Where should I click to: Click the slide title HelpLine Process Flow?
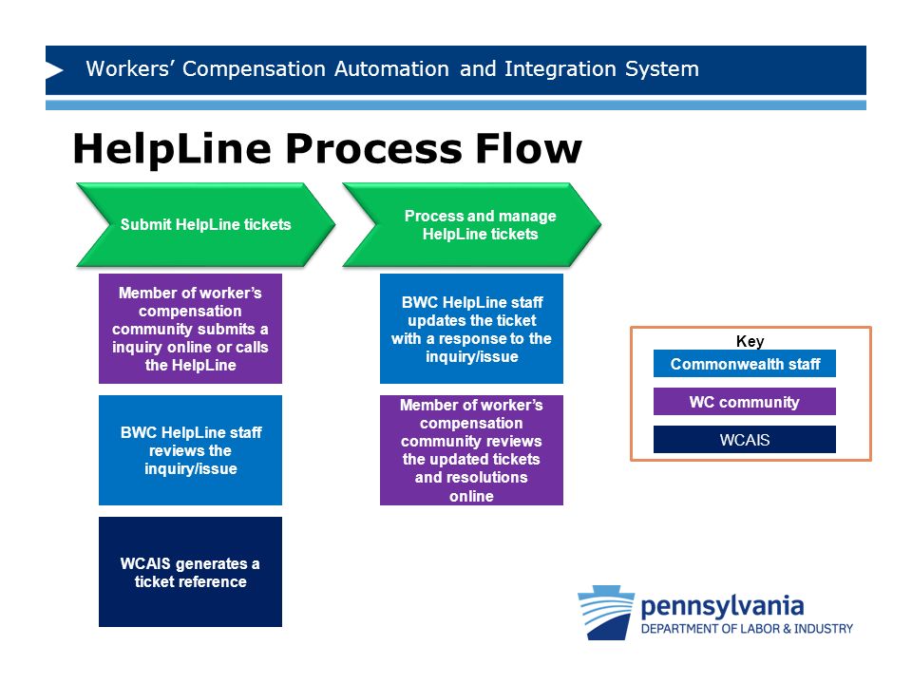pos(328,149)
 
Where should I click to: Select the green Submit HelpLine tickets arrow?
pos(206,225)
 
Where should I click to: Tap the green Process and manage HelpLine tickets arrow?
pos(472,225)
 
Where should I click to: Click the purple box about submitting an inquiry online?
pos(190,329)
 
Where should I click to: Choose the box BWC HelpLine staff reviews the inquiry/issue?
pos(190,450)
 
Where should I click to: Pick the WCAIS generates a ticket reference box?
pos(190,572)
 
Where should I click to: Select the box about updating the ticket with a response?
pos(471,329)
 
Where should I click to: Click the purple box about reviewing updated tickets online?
pos(471,450)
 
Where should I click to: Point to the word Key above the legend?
pos(750,341)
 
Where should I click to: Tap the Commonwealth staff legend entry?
pos(745,364)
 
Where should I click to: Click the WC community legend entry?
pos(745,401)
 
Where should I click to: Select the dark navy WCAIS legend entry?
pos(745,439)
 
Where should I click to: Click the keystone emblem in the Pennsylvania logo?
pos(606,613)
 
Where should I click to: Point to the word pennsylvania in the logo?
pos(722,607)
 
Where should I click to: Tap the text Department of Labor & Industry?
pos(747,629)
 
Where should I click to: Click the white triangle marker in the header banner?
pos(54,70)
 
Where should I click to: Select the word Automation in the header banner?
pos(391,69)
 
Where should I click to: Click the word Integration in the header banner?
pos(560,69)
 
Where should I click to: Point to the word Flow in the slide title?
pos(529,148)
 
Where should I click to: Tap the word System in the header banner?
pos(662,69)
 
